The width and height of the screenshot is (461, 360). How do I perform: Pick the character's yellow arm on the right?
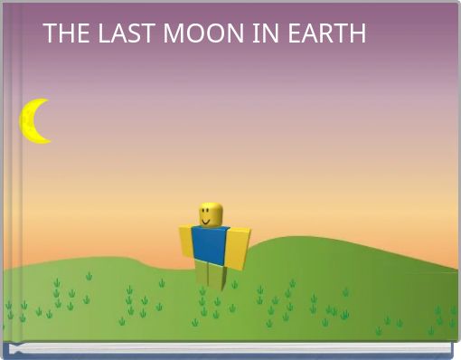(236, 248)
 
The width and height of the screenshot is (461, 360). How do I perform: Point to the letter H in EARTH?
(358, 33)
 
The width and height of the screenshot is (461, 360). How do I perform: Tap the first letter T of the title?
(50, 33)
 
